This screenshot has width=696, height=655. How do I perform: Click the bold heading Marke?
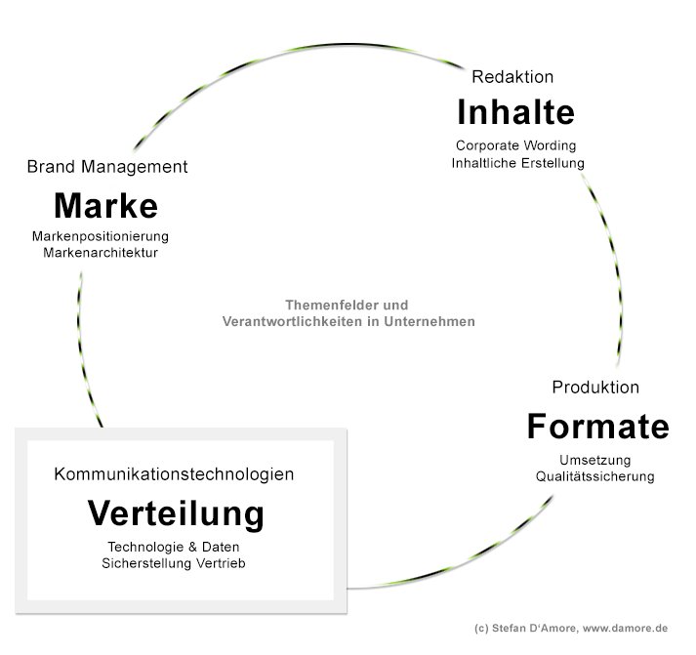coord(105,206)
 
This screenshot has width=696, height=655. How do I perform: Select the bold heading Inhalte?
coord(515,113)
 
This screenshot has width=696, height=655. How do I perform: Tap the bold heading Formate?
coord(597,427)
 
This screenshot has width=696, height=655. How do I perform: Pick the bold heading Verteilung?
coord(176,512)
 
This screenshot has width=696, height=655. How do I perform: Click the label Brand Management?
coord(107,167)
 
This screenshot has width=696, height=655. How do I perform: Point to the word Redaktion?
coord(512,76)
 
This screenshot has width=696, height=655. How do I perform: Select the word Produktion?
coord(595,388)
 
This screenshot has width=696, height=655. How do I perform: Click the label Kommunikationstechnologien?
coord(174,474)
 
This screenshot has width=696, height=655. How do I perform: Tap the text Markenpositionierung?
coord(101,237)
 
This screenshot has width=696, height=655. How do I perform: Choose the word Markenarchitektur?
coord(101,253)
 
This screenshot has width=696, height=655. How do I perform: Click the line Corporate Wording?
coord(516,146)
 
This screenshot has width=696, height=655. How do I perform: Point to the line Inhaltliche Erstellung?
coord(517,163)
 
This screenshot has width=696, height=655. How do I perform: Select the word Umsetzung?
coord(595,460)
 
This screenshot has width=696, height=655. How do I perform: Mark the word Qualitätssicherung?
coord(594,476)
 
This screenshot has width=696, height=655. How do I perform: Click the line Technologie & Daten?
coord(174,547)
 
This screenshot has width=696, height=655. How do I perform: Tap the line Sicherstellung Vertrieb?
coord(174,563)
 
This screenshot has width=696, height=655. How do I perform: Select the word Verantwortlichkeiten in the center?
coord(294,320)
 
